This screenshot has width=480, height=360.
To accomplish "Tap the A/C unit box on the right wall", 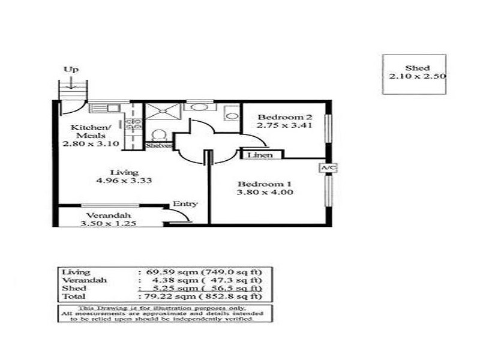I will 326,168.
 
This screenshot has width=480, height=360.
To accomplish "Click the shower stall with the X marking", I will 162,110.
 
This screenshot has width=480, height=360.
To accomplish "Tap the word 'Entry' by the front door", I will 185,203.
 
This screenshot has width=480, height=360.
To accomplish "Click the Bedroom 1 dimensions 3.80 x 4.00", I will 265,193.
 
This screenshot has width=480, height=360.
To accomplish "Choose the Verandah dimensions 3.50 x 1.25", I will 108,224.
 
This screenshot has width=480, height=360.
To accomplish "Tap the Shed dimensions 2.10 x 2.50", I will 416,77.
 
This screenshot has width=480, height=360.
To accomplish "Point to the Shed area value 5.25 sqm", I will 162,288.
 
